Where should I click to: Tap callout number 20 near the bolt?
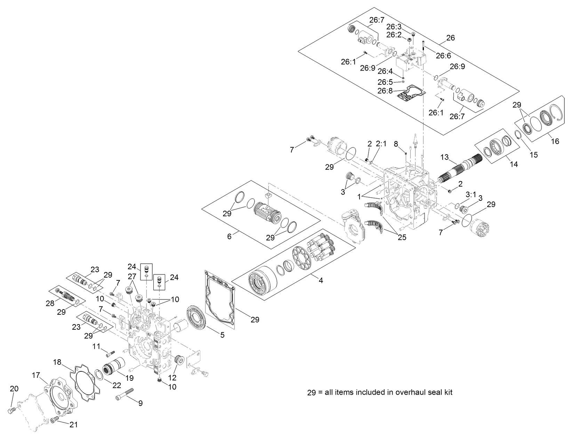coord(14,389)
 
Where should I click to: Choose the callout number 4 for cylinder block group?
coord(321,280)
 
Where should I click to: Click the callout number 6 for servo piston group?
coord(229,236)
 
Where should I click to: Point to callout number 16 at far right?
coord(555,141)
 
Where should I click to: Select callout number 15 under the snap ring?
coord(533,155)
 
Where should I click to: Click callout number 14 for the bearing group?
coord(514,164)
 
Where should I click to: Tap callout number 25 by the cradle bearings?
coord(402,238)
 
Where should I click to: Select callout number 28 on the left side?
coord(50,303)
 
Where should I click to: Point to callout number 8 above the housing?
coord(396,143)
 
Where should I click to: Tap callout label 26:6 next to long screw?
coord(444,56)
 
